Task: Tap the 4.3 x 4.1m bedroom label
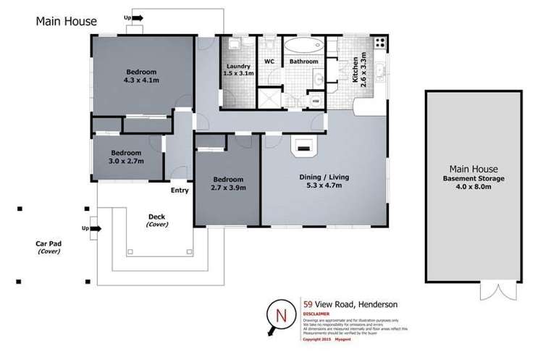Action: click(139, 77)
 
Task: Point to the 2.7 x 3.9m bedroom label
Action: click(227, 183)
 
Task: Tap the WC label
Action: click(267, 62)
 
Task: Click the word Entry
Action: click(180, 191)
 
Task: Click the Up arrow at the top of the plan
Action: click(135, 19)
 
